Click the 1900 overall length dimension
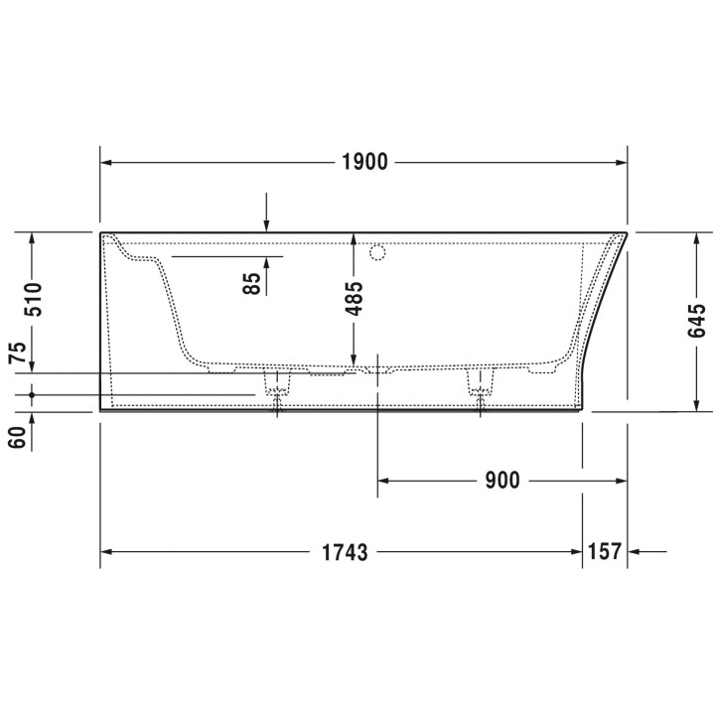pos(364,162)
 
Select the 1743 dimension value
pos(345,552)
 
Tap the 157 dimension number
pos(605,551)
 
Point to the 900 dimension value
pos(502,481)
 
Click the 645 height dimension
pos(696,321)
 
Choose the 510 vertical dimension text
pos(33,300)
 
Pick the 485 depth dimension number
pos(354,299)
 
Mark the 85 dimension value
pos(251,283)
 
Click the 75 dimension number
pos(17,353)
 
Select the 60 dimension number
pos(17,437)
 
